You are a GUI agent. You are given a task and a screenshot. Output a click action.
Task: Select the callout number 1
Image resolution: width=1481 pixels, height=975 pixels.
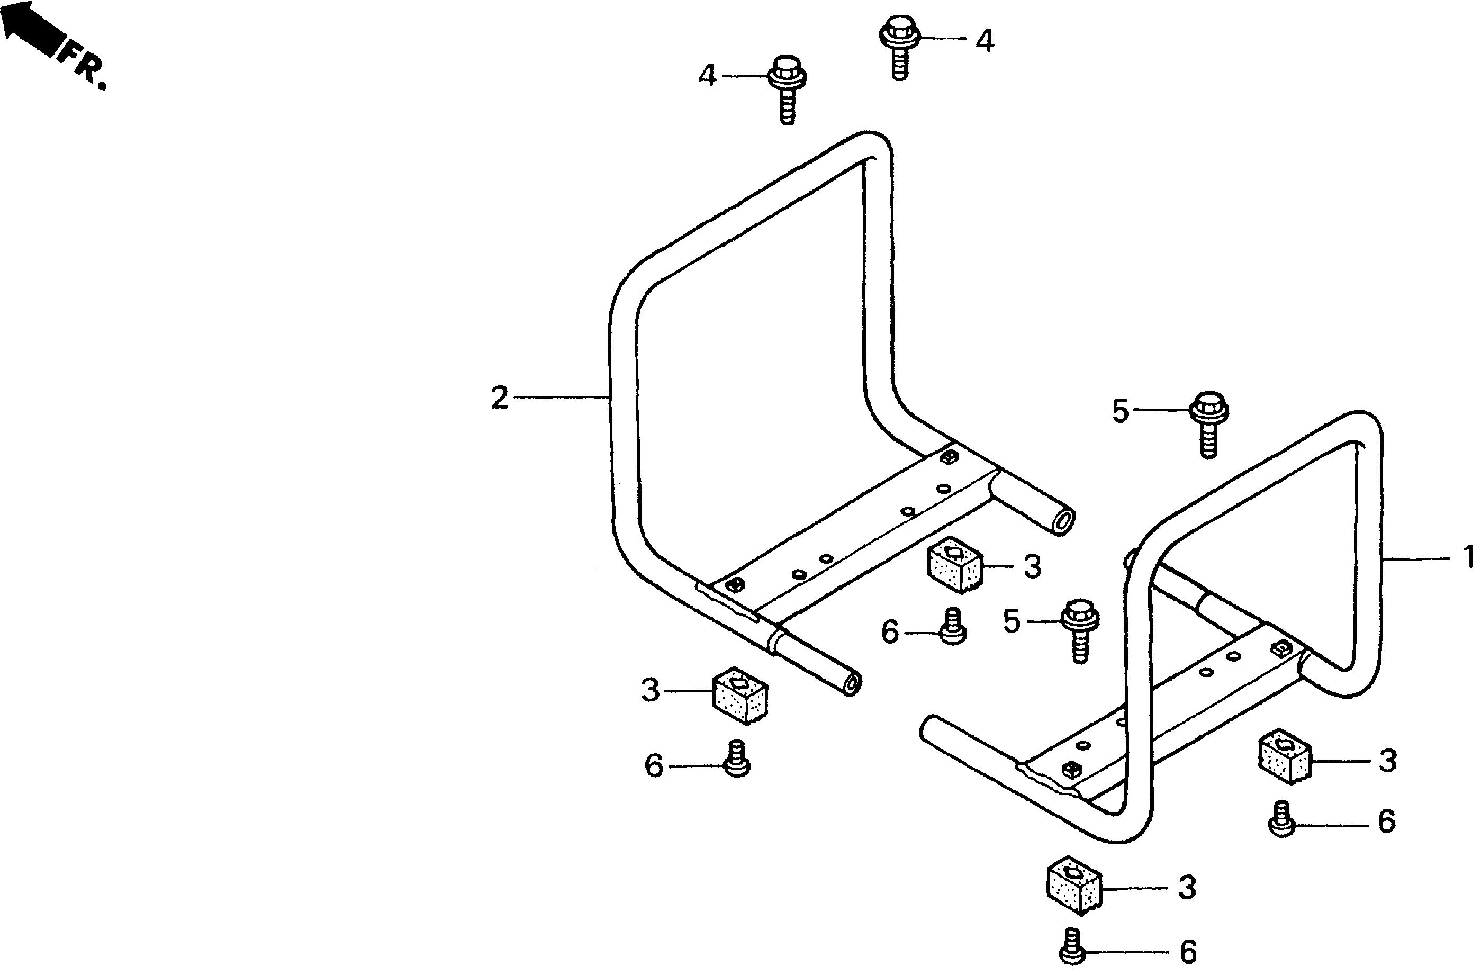point(1468,557)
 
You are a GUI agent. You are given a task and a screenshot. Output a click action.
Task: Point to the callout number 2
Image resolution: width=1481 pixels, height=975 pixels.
point(500,398)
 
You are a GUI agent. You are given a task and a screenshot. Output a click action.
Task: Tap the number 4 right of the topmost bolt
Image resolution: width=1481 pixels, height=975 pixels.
point(985,41)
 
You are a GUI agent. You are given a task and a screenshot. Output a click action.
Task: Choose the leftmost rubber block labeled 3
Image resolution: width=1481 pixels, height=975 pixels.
point(739,696)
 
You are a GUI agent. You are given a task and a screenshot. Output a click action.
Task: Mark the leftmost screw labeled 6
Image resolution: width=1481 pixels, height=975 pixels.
point(737,759)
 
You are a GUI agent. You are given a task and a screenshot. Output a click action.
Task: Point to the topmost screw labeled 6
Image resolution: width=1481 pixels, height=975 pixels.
point(953,627)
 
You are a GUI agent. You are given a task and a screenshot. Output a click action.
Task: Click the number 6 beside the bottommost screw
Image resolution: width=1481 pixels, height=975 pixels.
point(1187,953)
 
